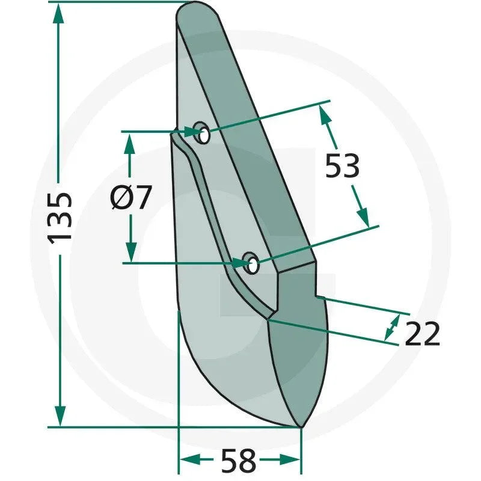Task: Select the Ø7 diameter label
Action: (130, 197)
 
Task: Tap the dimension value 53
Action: (342, 166)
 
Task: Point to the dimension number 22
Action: (423, 334)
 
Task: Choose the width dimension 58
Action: (239, 461)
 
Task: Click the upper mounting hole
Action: (202, 132)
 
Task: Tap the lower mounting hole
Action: (251, 263)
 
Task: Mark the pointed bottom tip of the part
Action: (301, 427)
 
